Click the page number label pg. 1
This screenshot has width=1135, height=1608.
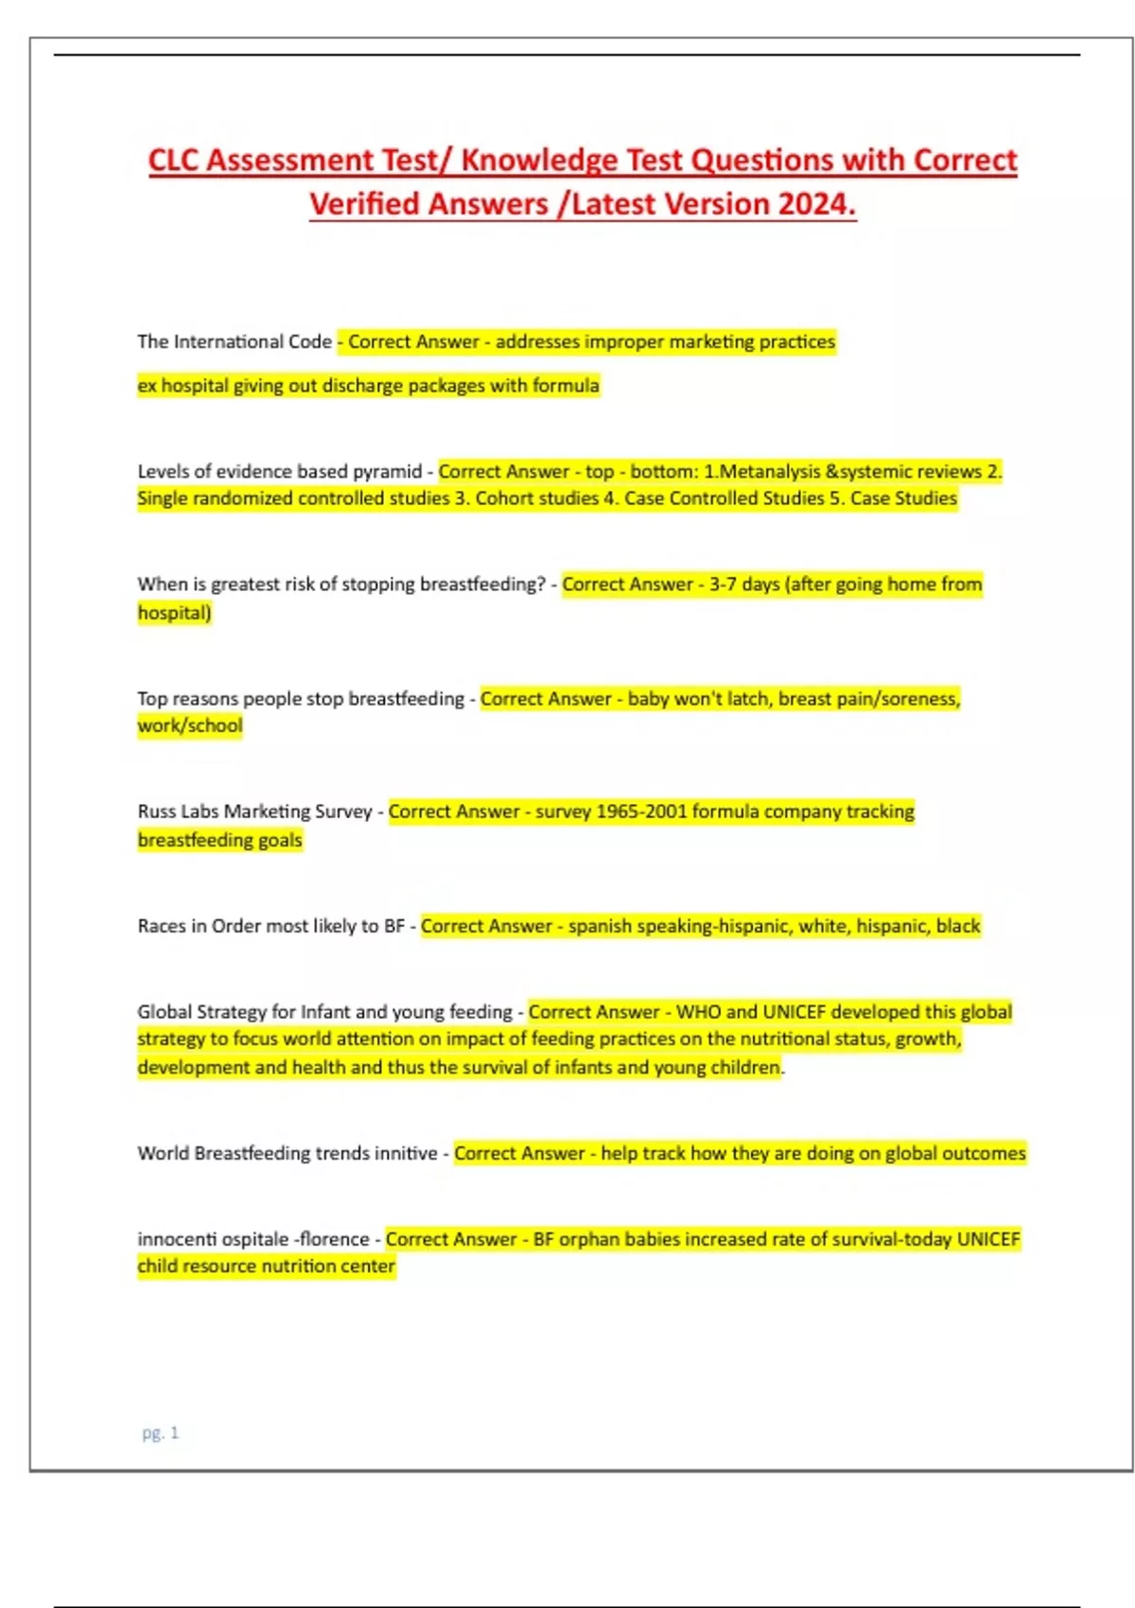point(160,1433)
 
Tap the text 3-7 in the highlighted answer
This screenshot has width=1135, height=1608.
point(724,585)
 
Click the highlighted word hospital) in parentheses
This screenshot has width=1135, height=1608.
point(175,613)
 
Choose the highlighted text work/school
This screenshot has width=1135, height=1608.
point(190,726)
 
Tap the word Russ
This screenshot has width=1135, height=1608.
point(156,812)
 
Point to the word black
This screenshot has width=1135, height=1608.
point(958,926)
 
